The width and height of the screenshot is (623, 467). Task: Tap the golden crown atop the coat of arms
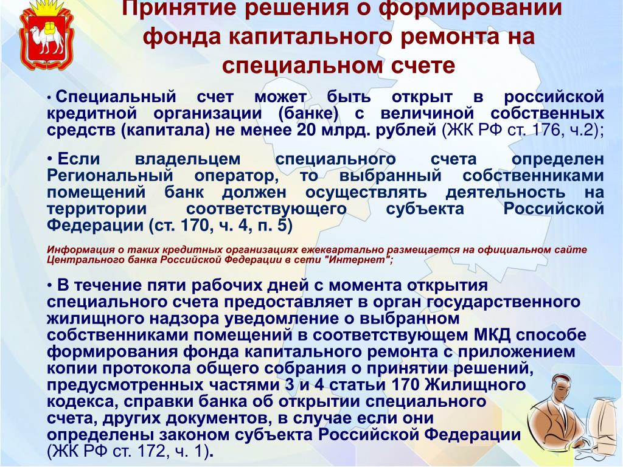[x=46, y=7]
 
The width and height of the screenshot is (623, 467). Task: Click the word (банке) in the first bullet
[x=308, y=114]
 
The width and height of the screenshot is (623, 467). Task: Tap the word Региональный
[x=110, y=176]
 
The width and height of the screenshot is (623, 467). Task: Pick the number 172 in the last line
[x=151, y=451]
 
